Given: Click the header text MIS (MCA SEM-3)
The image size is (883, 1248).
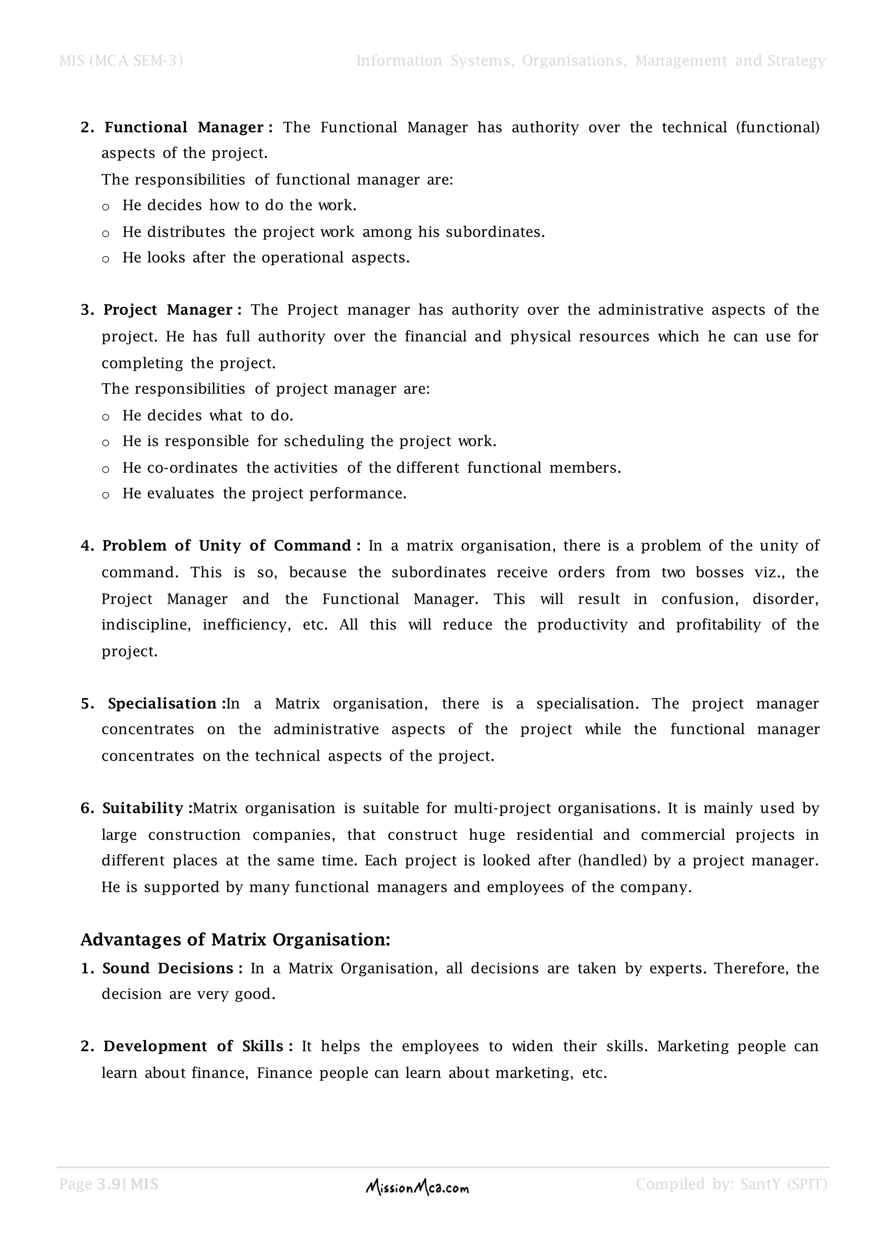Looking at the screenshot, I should tap(121, 61).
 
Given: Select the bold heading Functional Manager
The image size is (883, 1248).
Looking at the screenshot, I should tap(184, 127).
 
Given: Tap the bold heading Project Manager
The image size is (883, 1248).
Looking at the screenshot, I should tap(168, 310).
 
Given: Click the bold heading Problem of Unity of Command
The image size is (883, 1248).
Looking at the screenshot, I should tap(227, 546).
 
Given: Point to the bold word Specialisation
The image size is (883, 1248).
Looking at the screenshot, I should tap(163, 704).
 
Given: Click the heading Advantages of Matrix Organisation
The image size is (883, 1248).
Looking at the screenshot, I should tap(235, 940).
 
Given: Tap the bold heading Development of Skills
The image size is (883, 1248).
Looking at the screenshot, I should tap(194, 1046).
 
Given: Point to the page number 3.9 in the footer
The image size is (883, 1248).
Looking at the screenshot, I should tap(109, 1184).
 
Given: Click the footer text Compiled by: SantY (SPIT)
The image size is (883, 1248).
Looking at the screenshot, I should tap(731, 1184).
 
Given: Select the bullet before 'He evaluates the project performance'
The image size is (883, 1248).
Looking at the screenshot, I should tap(106, 495).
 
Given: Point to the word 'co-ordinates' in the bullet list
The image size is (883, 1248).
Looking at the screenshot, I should tap(192, 468).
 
